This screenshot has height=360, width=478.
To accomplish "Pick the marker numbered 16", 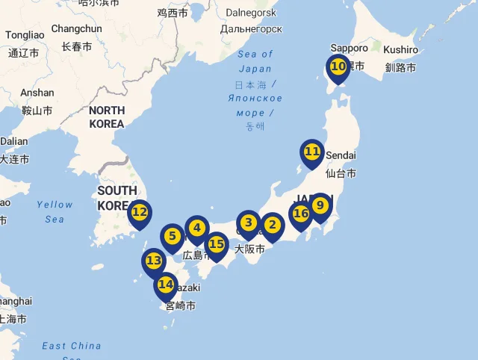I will pyautogui.click(x=301, y=214).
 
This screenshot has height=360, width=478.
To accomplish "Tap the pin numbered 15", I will pyautogui.click(x=217, y=244).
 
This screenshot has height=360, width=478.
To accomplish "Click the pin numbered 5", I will pyautogui.click(x=173, y=237).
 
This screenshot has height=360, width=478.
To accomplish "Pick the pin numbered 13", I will pyautogui.click(x=154, y=261).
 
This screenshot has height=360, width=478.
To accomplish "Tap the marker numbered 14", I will pyautogui.click(x=166, y=285).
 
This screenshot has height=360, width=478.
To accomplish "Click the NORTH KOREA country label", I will pyautogui.click(x=106, y=117).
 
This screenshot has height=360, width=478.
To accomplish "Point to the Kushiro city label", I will pyautogui.click(x=401, y=49).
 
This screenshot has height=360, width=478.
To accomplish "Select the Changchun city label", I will pyautogui.click(x=76, y=29).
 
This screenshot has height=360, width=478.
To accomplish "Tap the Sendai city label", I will pyautogui.click(x=341, y=155).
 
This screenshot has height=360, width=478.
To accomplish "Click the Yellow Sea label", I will pyautogui.click(x=55, y=211).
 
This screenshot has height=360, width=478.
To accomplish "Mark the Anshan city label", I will pyautogui.click(x=37, y=93).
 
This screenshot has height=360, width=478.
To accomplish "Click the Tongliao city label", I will pyautogui.click(x=25, y=35).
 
